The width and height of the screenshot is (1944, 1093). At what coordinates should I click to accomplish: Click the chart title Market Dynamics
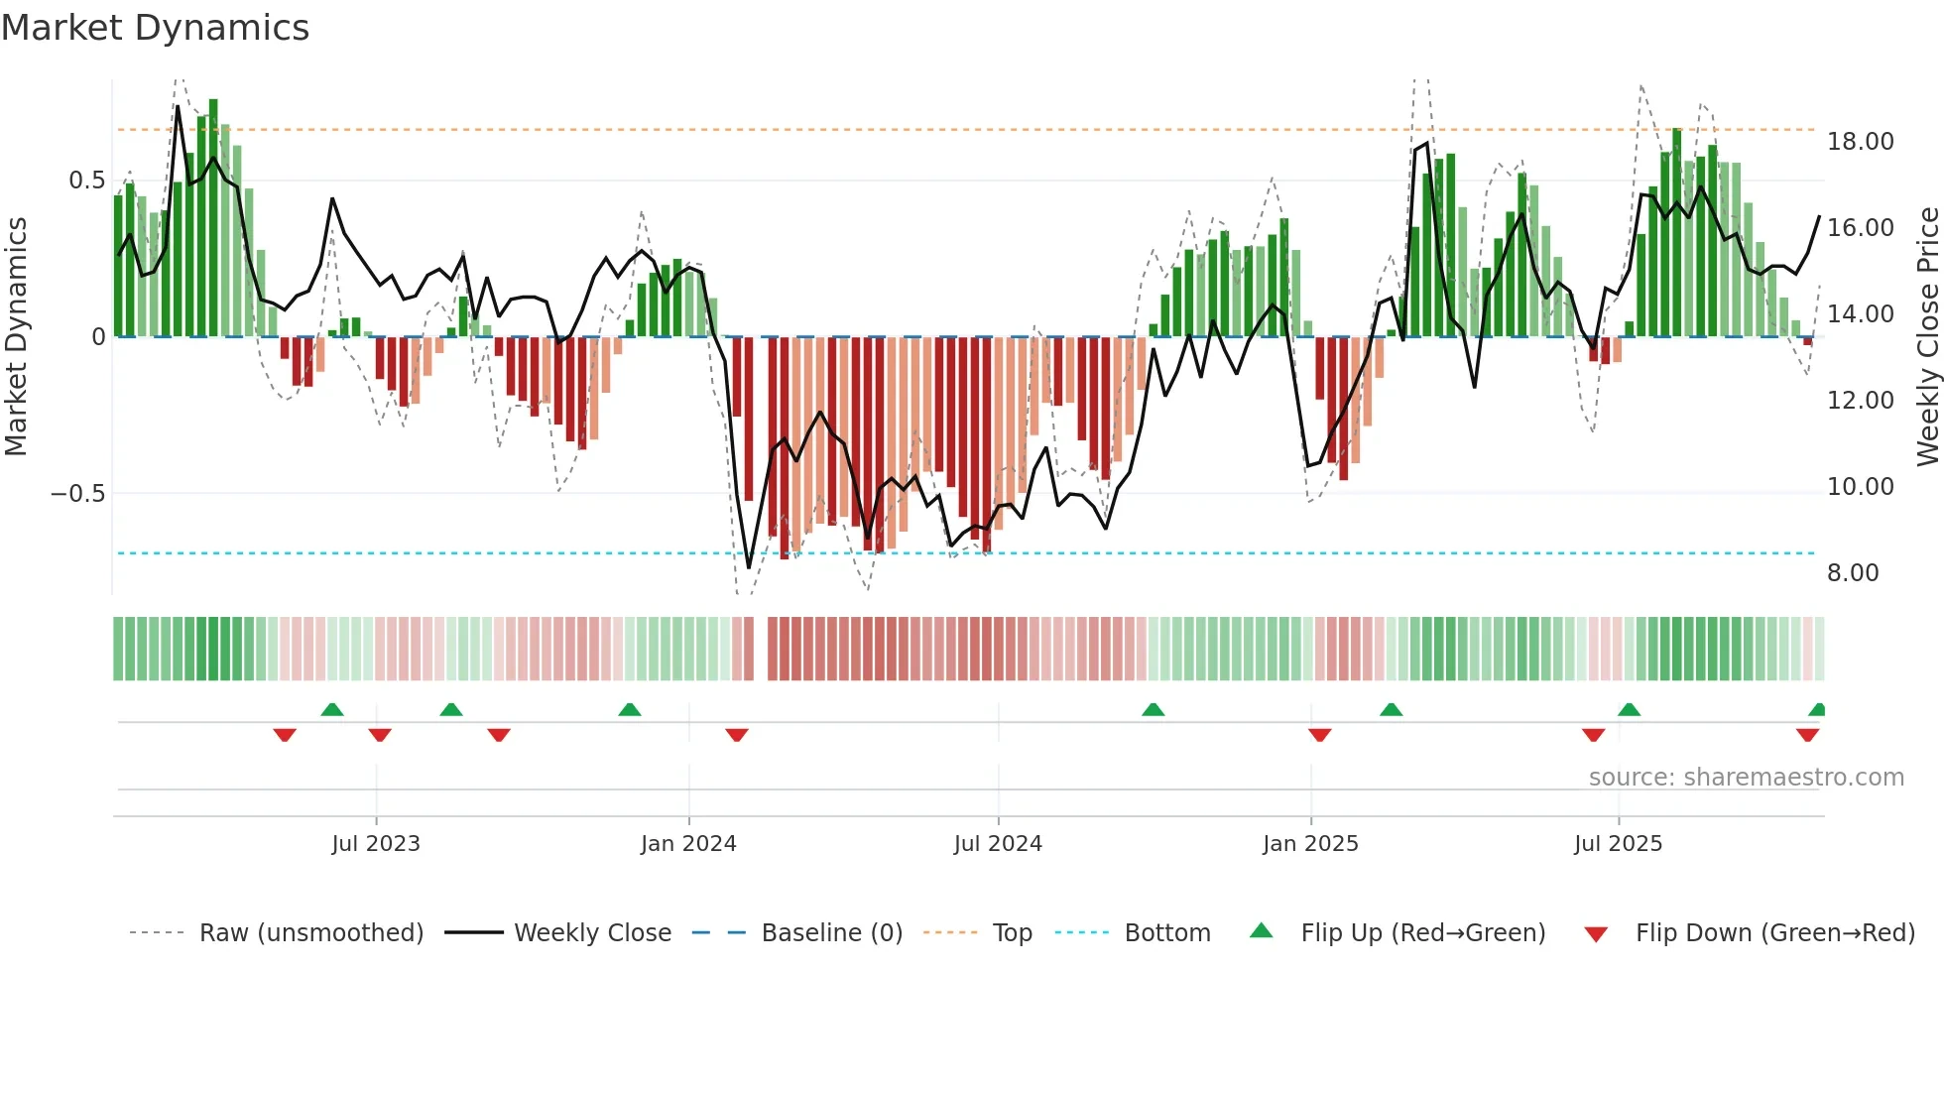tap(155, 28)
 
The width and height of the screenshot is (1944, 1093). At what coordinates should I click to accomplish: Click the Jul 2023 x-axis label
tap(376, 844)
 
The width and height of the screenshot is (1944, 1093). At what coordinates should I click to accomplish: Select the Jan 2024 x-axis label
tap(688, 844)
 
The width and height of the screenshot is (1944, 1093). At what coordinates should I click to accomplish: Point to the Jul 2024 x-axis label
tap(998, 844)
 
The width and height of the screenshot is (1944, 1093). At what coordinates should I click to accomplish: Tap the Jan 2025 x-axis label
tap(1310, 844)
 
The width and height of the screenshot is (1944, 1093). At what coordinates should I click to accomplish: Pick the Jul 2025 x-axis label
tap(1618, 844)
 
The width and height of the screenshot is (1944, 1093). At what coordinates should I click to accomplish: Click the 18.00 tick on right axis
tap(1861, 142)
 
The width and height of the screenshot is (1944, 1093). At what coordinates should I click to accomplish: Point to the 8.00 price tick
tap(1853, 573)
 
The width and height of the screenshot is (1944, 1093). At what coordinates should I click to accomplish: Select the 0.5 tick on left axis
tap(86, 181)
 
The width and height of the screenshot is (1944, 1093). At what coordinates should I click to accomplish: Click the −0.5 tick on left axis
tap(78, 494)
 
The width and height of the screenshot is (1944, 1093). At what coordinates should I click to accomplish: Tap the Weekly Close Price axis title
tap(1927, 337)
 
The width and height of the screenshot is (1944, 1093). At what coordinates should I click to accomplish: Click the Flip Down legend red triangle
tap(1596, 934)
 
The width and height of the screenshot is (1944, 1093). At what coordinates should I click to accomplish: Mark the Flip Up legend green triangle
tap(1261, 930)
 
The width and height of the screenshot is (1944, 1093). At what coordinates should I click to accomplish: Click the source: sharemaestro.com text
tap(1746, 778)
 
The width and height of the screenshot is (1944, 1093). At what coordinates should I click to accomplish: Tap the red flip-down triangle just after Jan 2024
tap(736, 735)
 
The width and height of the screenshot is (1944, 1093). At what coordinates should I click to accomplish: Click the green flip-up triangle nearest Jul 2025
tap(1629, 709)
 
